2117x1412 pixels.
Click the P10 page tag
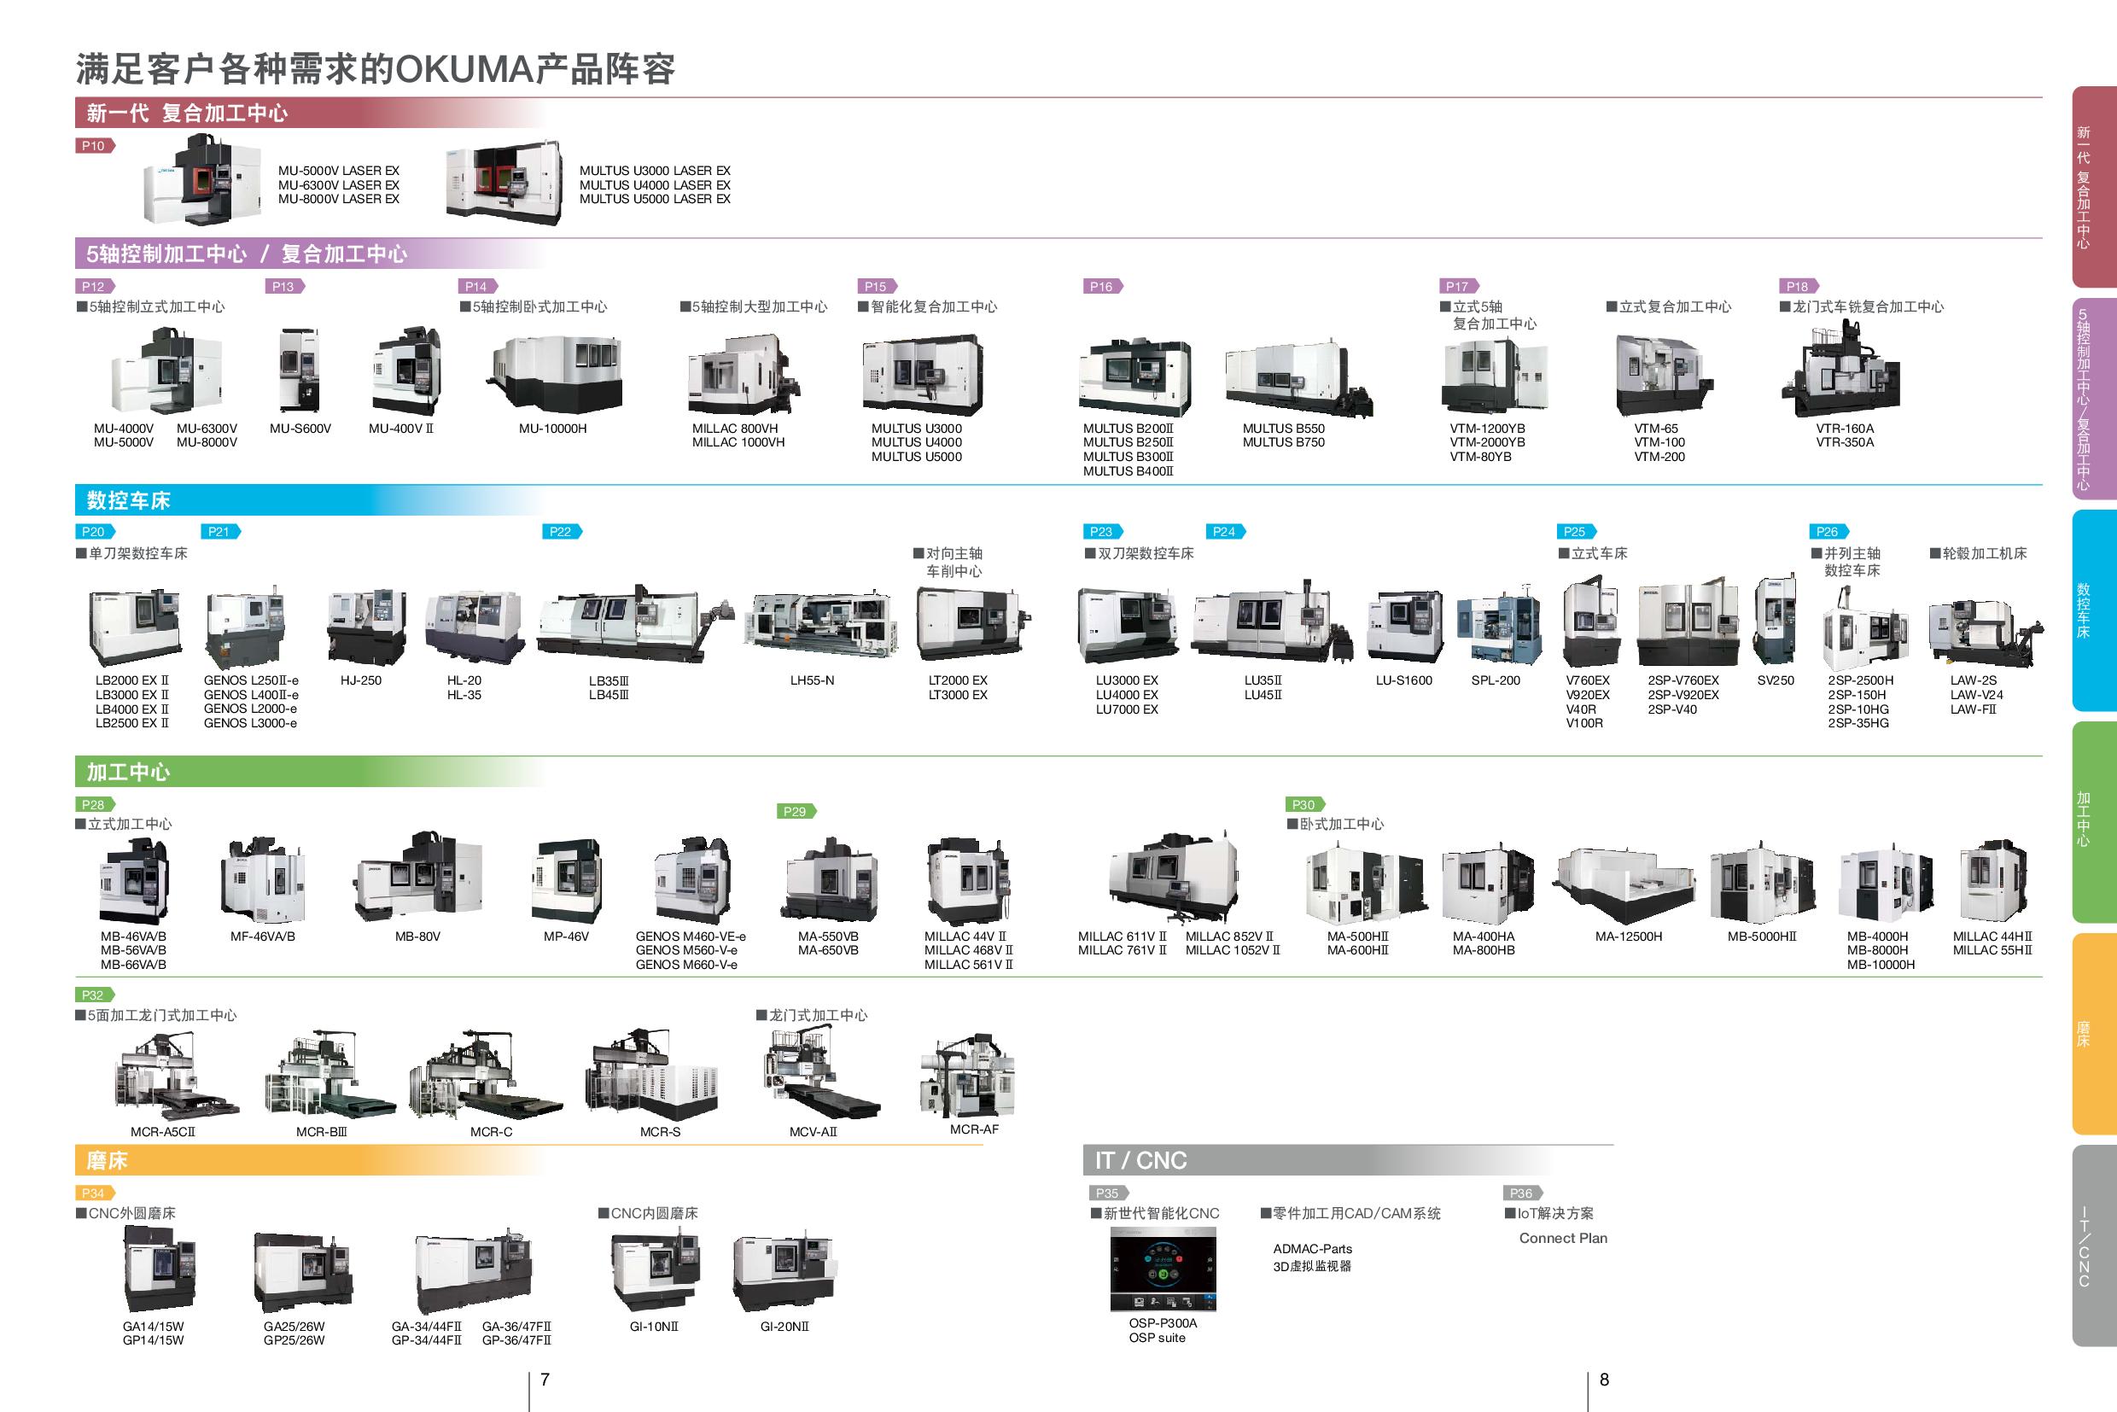94,146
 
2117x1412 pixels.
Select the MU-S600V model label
300,429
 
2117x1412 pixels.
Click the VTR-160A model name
1844,429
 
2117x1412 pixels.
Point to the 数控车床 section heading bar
306,500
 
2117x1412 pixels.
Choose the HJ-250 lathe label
360,680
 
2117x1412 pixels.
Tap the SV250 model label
1775,680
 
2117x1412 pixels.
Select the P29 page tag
794,811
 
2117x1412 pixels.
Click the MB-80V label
417,936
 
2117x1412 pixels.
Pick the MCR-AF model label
974,1129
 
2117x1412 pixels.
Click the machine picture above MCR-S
655,1077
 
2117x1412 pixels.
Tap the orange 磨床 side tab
2093,1034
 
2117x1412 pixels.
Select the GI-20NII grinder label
784,1327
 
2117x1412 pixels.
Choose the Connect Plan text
1562,1238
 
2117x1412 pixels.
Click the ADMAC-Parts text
1312,1249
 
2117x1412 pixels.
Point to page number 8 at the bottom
1604,1380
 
